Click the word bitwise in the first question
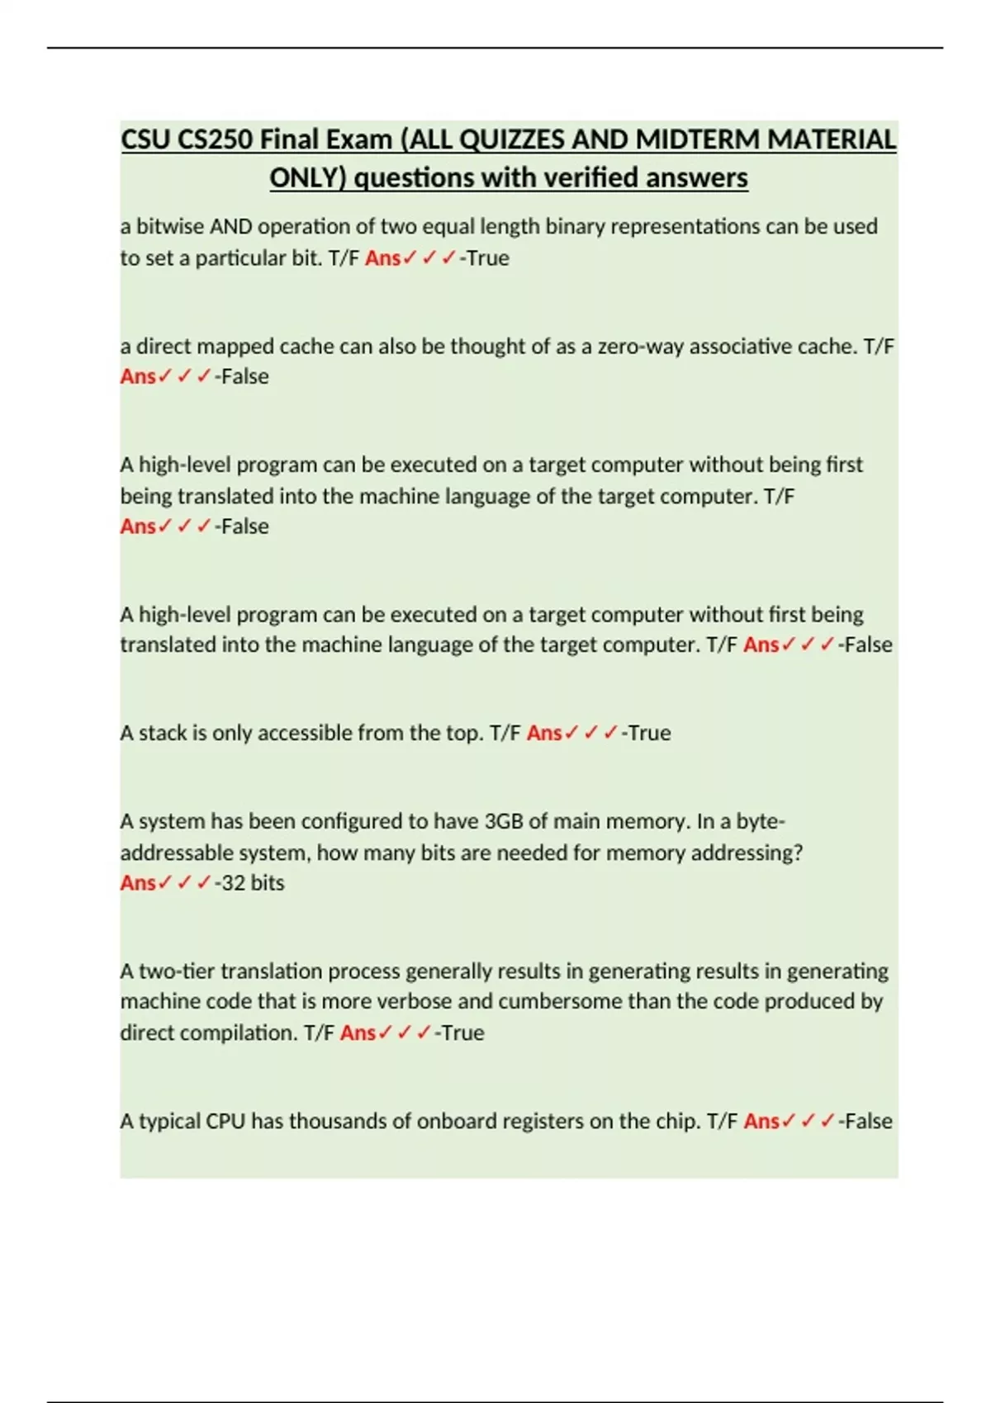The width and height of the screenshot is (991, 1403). point(169,226)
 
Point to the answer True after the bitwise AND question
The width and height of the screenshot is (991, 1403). point(487,258)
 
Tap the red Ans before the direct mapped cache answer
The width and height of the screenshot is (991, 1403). point(137,376)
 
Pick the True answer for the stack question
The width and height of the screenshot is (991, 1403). point(649,733)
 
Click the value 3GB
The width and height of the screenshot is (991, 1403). point(503,822)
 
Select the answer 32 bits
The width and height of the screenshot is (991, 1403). point(253,883)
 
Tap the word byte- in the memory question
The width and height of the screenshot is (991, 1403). point(760,822)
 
